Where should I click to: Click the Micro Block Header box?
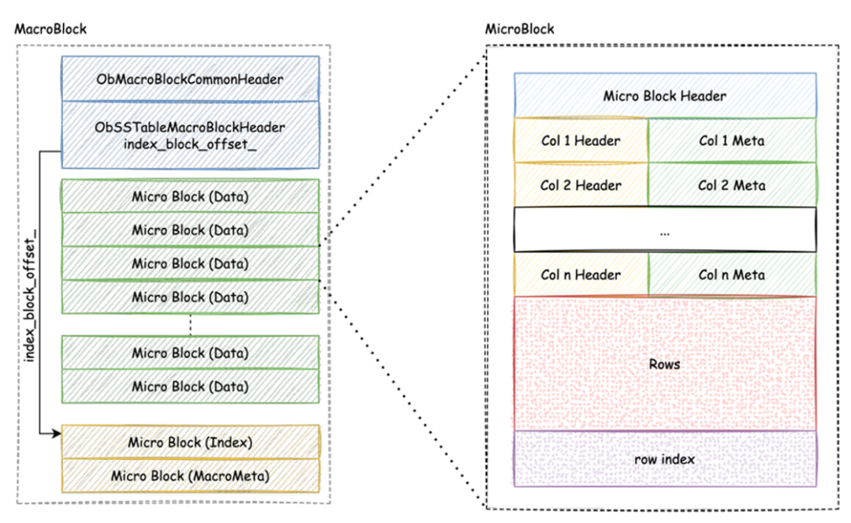[664, 95]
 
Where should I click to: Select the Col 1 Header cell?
[581, 140]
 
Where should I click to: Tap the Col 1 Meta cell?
[732, 140]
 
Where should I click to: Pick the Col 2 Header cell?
[581, 185]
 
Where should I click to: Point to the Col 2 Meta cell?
[732, 185]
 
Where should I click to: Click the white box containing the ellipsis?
[664, 230]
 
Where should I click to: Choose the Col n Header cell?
[581, 275]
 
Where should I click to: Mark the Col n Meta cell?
[732, 275]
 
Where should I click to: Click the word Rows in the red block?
[664, 364]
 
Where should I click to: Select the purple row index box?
[664, 458]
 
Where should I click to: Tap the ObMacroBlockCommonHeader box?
[190, 80]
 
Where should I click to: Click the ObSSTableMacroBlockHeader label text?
[190, 127]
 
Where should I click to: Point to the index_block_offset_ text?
[190, 143]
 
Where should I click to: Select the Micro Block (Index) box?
[190, 443]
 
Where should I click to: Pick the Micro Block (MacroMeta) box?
[190, 476]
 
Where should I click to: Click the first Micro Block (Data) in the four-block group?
[190, 196]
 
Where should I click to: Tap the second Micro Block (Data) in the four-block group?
[190, 230]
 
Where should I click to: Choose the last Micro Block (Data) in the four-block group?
[190, 297]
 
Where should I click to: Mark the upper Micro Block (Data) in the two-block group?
[190, 353]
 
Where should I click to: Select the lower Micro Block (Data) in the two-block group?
[190, 387]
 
